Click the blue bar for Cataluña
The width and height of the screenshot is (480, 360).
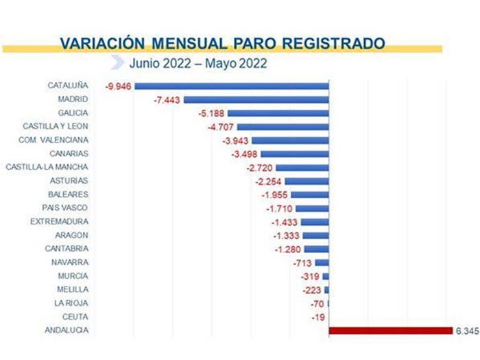pos(232,86)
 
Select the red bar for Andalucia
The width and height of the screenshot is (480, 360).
pos(391,331)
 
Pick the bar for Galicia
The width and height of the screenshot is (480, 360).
pos(278,113)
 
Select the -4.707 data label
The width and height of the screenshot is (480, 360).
pos(221,127)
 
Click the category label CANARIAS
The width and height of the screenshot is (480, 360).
pos(69,154)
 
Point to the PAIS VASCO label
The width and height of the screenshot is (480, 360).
pos(65,208)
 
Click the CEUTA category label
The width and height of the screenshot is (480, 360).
pos(75,317)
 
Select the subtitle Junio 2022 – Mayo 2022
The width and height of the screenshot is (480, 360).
pos(198,64)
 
